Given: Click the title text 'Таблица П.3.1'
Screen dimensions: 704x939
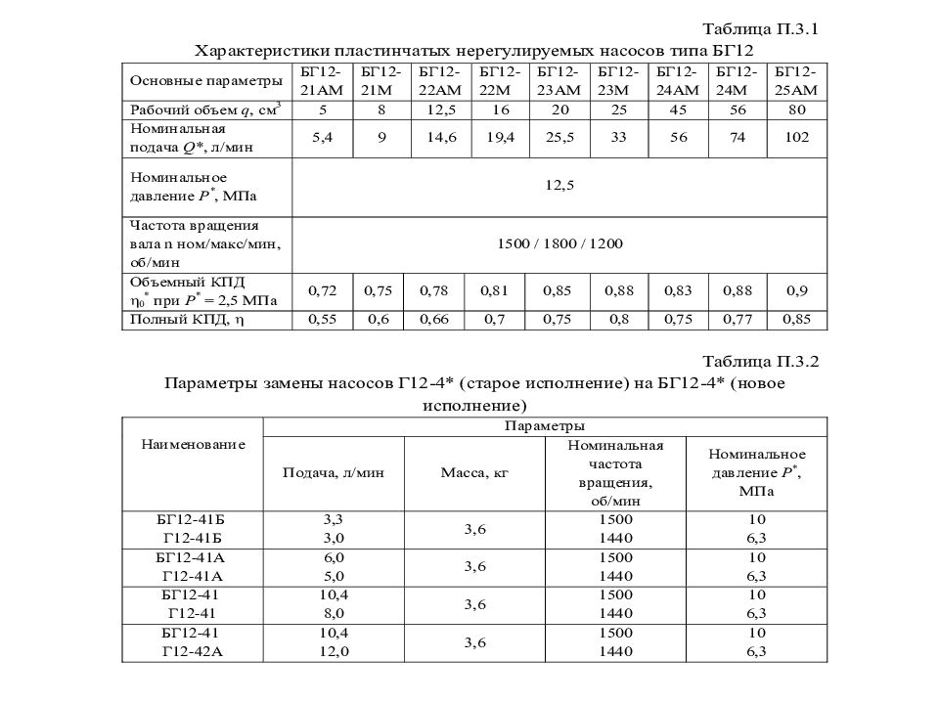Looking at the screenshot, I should coord(760,29).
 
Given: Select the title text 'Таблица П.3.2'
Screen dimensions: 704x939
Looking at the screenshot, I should coord(760,362).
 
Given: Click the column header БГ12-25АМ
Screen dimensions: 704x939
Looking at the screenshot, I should coord(797,80).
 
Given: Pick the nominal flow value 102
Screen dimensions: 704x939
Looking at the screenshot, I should coord(796,138).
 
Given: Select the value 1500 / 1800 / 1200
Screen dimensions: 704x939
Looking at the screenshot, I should coord(559,242).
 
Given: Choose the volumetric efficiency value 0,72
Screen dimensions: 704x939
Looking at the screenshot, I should coord(323,290).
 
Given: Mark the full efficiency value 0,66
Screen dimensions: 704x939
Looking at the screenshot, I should coord(438,319).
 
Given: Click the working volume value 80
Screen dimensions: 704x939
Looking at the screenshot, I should coord(796,109).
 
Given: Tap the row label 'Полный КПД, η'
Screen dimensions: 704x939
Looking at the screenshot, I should coord(182,319).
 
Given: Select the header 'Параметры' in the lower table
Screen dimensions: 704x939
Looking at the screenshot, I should coord(545,426).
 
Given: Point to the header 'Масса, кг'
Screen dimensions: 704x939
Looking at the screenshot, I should coord(475,472).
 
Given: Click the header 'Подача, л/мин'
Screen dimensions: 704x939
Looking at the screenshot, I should coord(333,472).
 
